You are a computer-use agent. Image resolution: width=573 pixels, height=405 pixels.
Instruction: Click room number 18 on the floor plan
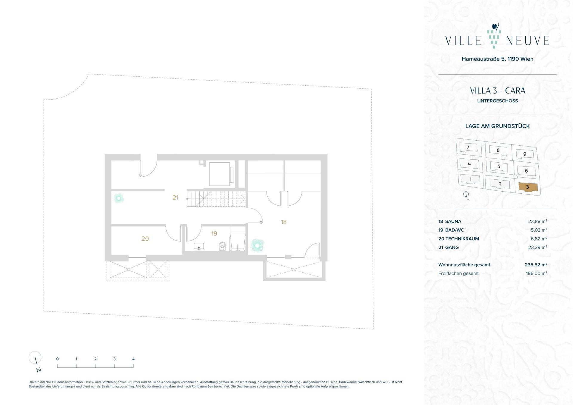(284, 222)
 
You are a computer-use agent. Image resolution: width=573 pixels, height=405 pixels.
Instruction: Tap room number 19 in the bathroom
(214, 233)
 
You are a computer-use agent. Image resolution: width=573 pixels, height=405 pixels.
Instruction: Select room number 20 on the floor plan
(145, 238)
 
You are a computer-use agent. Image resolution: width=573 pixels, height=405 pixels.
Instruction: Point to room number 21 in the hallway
(175, 197)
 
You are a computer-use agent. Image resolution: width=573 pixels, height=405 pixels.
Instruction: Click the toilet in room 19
(222, 246)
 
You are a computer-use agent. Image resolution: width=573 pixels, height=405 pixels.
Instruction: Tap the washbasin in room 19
(199, 247)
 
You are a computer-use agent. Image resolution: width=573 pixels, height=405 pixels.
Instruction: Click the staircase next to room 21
(216, 198)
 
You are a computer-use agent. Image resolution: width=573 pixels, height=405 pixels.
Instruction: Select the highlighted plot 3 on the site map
(528, 187)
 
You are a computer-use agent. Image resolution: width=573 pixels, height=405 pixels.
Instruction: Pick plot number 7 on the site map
(468, 147)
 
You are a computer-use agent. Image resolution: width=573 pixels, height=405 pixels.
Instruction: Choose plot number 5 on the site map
(499, 167)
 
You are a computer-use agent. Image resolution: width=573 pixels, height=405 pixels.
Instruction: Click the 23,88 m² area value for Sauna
(537, 221)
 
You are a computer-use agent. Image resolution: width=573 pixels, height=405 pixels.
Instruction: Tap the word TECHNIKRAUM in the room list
(462, 239)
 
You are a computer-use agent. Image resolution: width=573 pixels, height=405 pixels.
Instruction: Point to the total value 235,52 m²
(536, 265)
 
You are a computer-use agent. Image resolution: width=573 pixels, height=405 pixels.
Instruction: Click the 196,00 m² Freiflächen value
(537, 273)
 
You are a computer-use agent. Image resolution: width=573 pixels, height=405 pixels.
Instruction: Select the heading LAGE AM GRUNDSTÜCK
(497, 126)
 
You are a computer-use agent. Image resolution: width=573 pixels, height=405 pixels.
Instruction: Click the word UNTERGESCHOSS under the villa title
(497, 101)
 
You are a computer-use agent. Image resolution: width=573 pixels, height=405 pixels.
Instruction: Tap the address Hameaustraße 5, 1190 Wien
(497, 59)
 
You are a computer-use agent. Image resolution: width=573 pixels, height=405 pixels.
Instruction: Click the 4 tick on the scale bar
(133, 359)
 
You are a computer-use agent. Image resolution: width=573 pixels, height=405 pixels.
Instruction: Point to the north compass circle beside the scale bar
(35, 357)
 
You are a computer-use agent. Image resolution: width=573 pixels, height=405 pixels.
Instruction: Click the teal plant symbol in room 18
(257, 245)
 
